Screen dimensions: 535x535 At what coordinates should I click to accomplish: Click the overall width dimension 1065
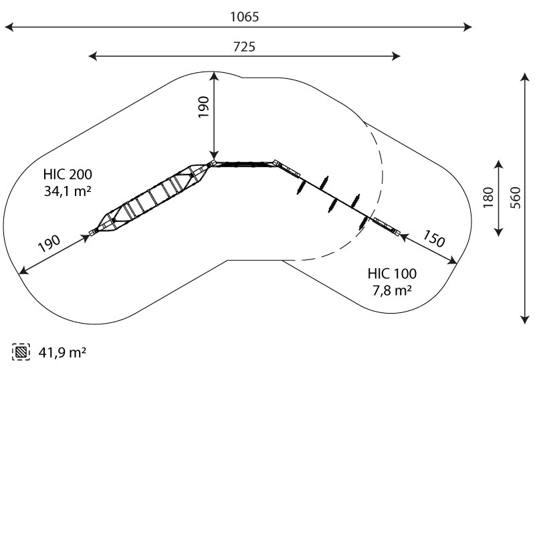click(244, 17)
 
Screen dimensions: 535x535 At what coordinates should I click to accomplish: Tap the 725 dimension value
click(244, 46)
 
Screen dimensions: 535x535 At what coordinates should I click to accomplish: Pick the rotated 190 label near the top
click(203, 107)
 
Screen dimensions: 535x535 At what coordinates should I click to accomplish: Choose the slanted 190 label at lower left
click(49, 243)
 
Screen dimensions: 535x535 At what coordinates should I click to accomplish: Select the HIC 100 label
click(392, 274)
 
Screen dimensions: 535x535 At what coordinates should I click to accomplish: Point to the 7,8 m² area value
click(392, 290)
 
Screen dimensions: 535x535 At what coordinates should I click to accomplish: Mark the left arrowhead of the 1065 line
click(8, 27)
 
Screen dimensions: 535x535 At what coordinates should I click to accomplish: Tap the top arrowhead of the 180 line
click(498, 163)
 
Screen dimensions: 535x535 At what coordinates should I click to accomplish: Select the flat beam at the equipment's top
click(243, 163)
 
